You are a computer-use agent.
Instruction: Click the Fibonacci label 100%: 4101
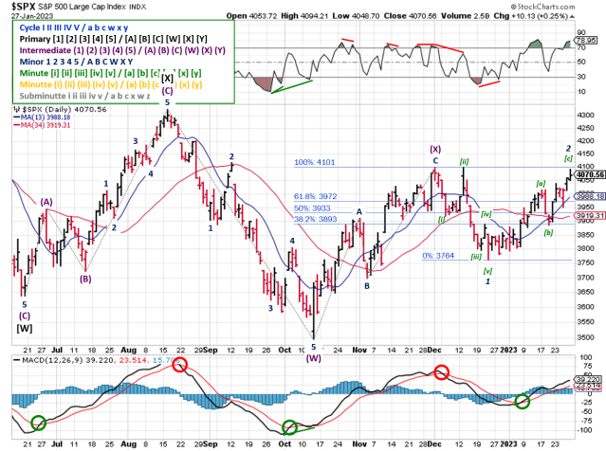pos(314,162)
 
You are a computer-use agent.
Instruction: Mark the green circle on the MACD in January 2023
pos(522,402)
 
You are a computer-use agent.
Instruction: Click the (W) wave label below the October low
pos(314,358)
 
